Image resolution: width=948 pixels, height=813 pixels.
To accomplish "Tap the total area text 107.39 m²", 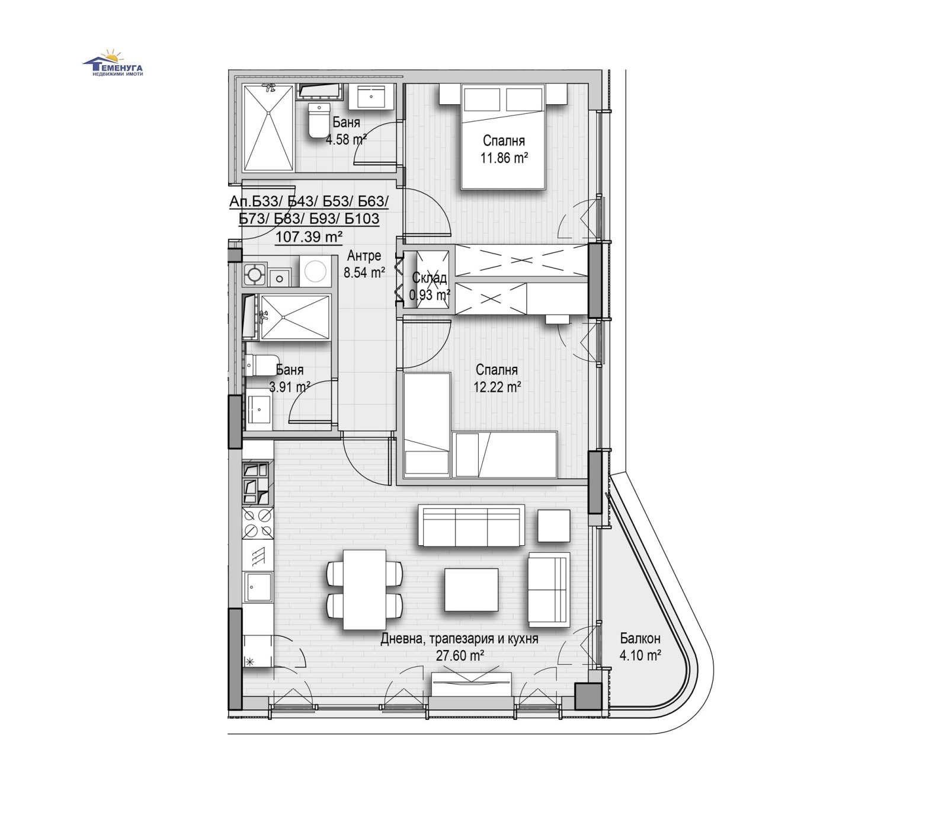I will coord(309,237).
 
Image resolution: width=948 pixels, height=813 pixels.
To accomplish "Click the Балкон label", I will coord(640,638).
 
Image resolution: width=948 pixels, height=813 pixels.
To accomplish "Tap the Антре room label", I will coord(364,256).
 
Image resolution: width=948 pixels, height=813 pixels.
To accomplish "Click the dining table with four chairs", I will coord(364,589).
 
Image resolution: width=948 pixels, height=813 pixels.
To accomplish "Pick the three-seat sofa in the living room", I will coord(471,525).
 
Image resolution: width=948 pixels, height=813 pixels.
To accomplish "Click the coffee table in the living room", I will coord(471,589).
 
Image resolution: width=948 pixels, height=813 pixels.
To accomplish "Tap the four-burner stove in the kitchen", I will coord(258,523).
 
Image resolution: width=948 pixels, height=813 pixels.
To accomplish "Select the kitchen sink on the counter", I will coord(258,588).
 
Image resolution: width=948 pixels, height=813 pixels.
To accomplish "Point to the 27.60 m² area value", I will coord(460,656).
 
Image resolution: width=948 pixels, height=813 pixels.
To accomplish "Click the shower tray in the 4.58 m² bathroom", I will coord(269,127).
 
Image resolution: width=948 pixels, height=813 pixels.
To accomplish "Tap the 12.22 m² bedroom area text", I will coord(497,388).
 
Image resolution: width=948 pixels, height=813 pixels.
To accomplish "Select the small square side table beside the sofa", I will coord(553,526).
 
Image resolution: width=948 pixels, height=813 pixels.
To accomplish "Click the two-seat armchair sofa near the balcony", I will coord(548,590).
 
